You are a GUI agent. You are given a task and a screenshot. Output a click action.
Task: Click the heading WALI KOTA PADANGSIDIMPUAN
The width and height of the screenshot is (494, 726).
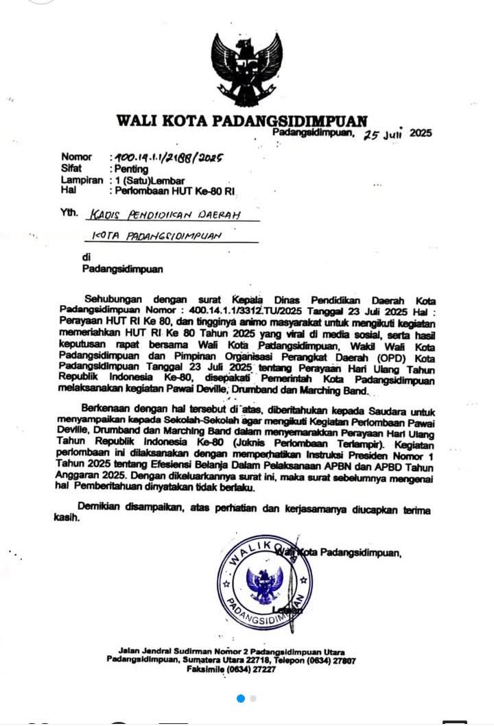coord(242,121)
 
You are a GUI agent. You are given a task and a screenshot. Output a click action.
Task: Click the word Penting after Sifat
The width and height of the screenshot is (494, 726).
coord(130,169)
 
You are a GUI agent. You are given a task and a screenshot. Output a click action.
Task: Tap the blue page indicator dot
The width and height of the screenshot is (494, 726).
coord(241,699)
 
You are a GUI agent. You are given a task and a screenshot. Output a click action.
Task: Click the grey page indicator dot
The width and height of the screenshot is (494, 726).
coord(253,699)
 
